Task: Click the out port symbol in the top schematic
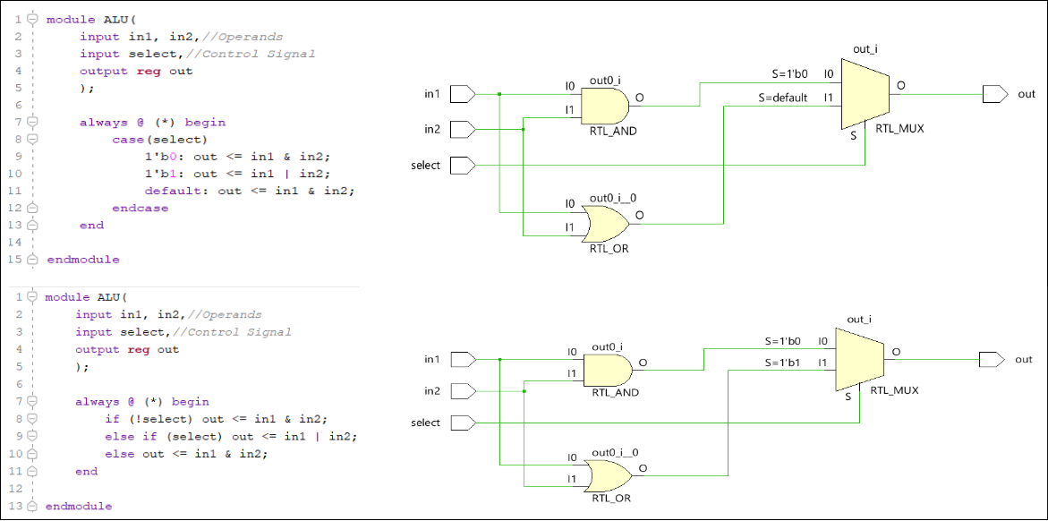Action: (x=994, y=94)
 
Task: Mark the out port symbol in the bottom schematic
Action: (x=993, y=360)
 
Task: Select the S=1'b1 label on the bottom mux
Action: (x=782, y=363)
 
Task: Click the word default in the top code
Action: (x=166, y=191)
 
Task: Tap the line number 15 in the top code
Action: (x=17, y=260)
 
